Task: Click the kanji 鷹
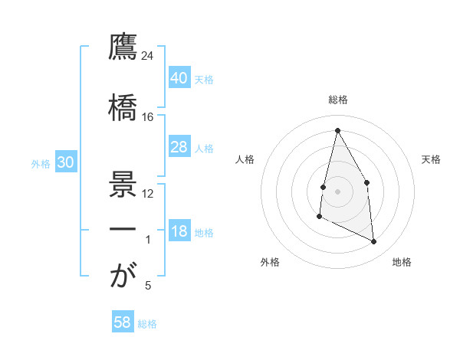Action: pos(122,47)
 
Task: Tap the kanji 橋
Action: pos(122,106)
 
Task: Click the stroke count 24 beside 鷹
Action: pos(148,56)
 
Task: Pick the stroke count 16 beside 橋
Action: pos(148,117)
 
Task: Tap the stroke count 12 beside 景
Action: pos(148,193)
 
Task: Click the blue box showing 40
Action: pos(179,78)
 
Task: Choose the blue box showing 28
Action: pos(179,147)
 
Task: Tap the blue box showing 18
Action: pos(179,232)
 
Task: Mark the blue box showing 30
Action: pos(65,163)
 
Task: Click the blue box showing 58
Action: pos(122,322)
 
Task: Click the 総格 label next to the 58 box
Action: pos(147,324)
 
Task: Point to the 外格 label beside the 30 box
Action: pos(41,164)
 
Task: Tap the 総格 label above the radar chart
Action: pos(337,100)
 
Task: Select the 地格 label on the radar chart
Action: pos(402,262)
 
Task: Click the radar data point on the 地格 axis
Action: pos(373,242)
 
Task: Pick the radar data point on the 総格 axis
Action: pos(337,129)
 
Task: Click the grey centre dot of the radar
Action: pos(337,191)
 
